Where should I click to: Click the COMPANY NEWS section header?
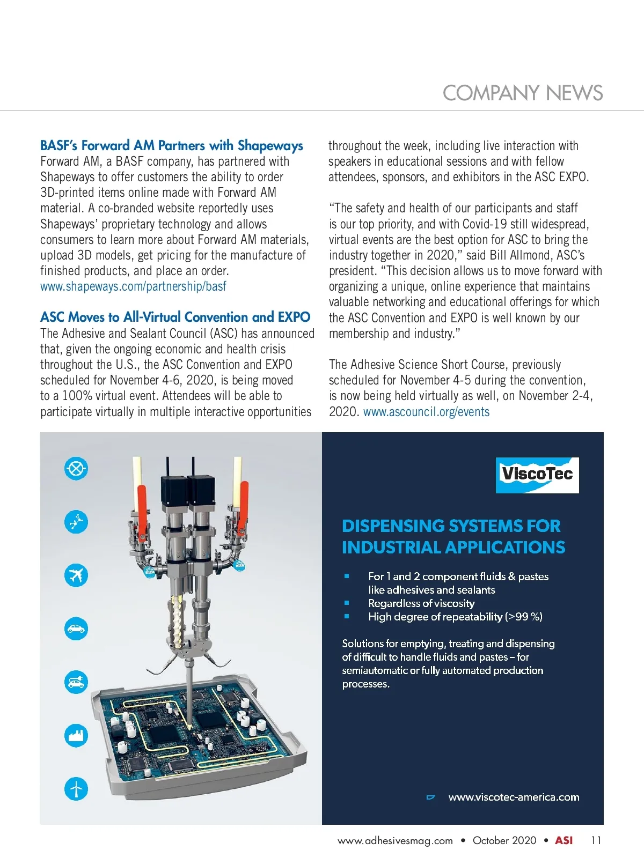(x=522, y=93)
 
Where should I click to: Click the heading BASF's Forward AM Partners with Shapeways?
(x=172, y=145)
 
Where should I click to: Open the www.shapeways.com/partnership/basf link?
(x=133, y=286)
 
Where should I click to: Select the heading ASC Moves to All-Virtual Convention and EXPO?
(x=175, y=317)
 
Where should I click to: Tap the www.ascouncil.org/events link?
(x=426, y=412)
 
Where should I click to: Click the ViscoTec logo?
(x=537, y=475)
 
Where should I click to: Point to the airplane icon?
(x=76, y=575)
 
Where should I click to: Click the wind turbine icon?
(x=76, y=789)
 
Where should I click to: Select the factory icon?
(x=76, y=735)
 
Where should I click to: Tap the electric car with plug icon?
(x=76, y=682)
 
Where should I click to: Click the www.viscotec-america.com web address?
(x=514, y=797)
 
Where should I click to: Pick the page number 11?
(x=596, y=840)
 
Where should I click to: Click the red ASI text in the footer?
(x=563, y=840)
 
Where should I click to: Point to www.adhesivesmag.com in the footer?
(x=395, y=840)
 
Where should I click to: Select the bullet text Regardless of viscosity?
(x=421, y=603)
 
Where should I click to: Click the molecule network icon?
(x=76, y=522)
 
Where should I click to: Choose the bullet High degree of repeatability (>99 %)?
(x=455, y=617)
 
